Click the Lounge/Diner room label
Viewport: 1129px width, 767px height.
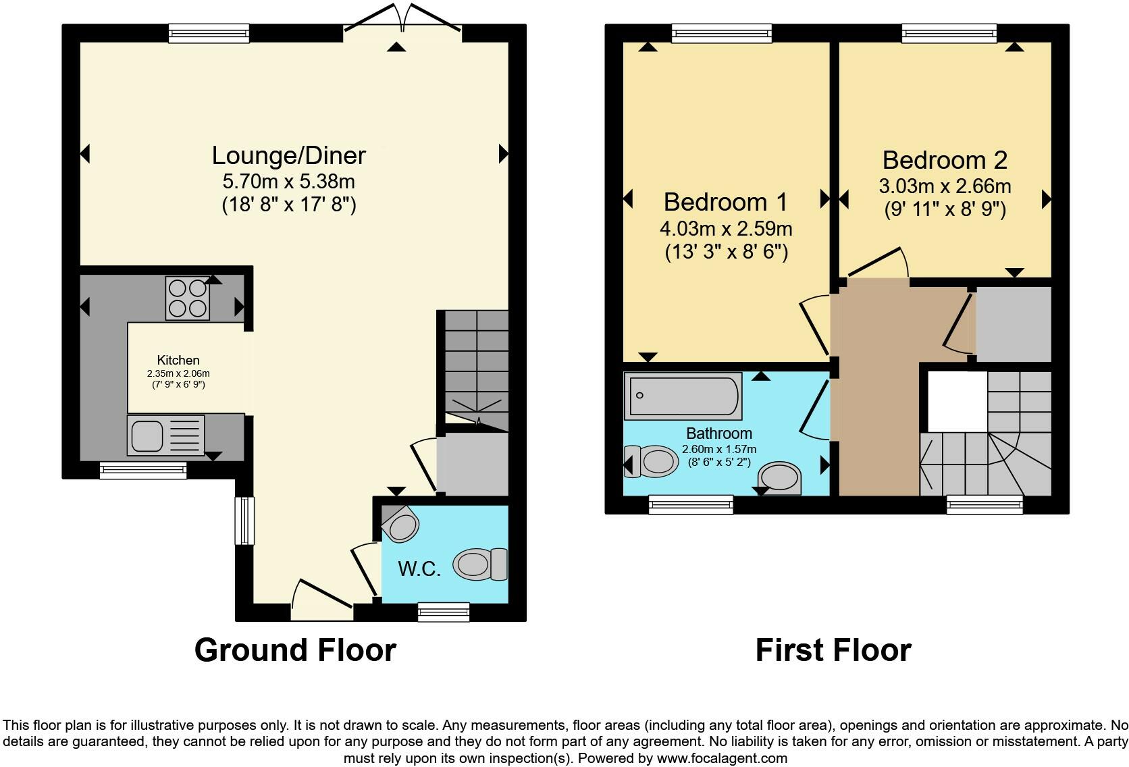289,155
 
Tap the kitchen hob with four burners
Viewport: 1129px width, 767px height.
188,298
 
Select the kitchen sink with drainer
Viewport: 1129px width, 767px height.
165,435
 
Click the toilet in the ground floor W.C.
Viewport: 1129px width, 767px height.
480,564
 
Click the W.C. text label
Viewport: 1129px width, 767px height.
419,569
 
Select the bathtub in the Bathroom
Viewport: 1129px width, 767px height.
683,396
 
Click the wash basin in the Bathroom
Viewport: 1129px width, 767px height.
781,477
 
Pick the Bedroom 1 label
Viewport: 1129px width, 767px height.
725,202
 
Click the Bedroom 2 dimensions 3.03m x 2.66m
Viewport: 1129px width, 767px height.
945,186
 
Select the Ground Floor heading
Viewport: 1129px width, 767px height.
295,650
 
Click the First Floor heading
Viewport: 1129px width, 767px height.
833,650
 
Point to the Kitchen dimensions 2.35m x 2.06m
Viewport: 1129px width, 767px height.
178,373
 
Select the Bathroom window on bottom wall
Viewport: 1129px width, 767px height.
691,504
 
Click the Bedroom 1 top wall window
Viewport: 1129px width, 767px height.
721,33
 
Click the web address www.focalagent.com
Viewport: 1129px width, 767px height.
722,758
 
